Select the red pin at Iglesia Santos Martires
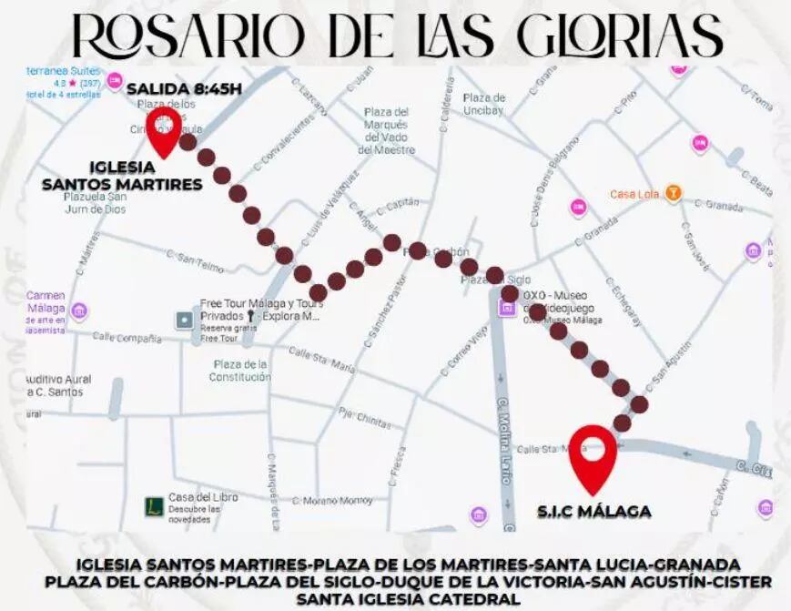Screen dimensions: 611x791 pyautogui.click(x=165, y=132)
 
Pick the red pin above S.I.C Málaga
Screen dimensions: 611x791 pyautogui.click(x=593, y=455)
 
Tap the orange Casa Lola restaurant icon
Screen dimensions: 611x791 pyautogui.click(x=673, y=193)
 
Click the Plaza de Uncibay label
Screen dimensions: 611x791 pyautogui.click(x=484, y=104)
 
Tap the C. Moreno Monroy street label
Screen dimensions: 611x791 pyautogui.click(x=337, y=500)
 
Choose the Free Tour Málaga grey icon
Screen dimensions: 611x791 pyautogui.click(x=185, y=320)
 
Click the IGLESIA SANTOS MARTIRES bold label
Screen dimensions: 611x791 pyautogui.click(x=122, y=176)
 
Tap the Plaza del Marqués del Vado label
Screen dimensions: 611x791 pyautogui.click(x=386, y=130)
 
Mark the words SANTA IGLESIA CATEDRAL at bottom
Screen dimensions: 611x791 pyautogui.click(x=409, y=598)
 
